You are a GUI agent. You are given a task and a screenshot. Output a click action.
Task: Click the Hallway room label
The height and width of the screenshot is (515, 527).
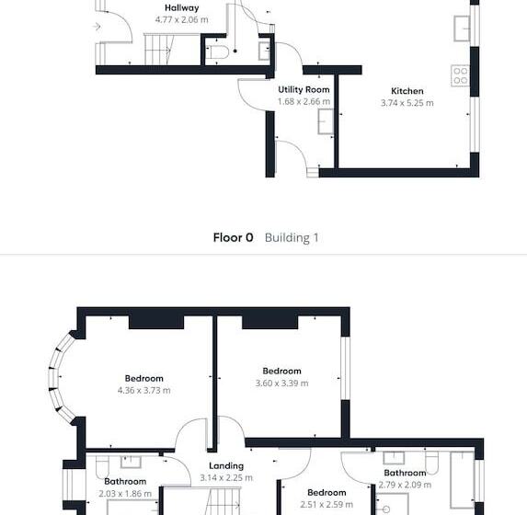click(182, 8)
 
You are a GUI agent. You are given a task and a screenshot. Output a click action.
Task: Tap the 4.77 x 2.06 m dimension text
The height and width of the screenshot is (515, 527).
click(182, 19)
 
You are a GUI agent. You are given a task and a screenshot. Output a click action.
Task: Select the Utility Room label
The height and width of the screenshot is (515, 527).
click(304, 90)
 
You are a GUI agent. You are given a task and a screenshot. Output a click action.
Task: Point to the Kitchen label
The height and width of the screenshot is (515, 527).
click(407, 91)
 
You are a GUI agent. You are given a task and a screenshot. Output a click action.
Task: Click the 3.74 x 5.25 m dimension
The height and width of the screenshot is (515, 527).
click(407, 103)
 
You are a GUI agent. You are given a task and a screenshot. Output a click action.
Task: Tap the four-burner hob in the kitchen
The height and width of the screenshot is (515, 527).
click(460, 75)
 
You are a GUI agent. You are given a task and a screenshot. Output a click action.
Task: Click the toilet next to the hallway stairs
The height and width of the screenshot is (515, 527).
click(216, 52)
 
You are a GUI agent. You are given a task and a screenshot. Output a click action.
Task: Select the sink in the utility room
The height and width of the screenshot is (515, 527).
click(326, 121)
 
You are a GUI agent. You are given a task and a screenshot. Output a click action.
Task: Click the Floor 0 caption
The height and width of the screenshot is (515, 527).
click(234, 237)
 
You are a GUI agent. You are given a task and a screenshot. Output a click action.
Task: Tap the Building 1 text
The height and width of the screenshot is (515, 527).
click(292, 237)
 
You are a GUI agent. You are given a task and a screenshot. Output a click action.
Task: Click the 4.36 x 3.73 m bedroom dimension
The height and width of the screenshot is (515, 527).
click(143, 390)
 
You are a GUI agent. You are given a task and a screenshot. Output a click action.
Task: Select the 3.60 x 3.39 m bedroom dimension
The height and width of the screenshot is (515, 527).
click(281, 383)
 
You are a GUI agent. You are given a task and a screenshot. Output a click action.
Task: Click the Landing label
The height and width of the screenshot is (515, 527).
click(226, 466)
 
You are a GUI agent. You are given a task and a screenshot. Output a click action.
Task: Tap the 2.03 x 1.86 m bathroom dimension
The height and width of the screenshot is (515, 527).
click(125, 494)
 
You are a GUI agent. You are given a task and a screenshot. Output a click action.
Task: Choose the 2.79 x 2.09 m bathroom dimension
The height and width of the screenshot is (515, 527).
click(405, 485)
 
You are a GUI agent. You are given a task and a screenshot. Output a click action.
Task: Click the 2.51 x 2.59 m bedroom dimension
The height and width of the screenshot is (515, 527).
click(327, 504)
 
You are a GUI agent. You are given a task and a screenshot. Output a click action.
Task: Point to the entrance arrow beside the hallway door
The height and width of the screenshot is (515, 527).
click(97, 27)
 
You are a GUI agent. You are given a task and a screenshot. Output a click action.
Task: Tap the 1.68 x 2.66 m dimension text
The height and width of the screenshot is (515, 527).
click(304, 101)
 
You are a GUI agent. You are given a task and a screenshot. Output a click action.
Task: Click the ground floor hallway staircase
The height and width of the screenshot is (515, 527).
click(158, 50)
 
